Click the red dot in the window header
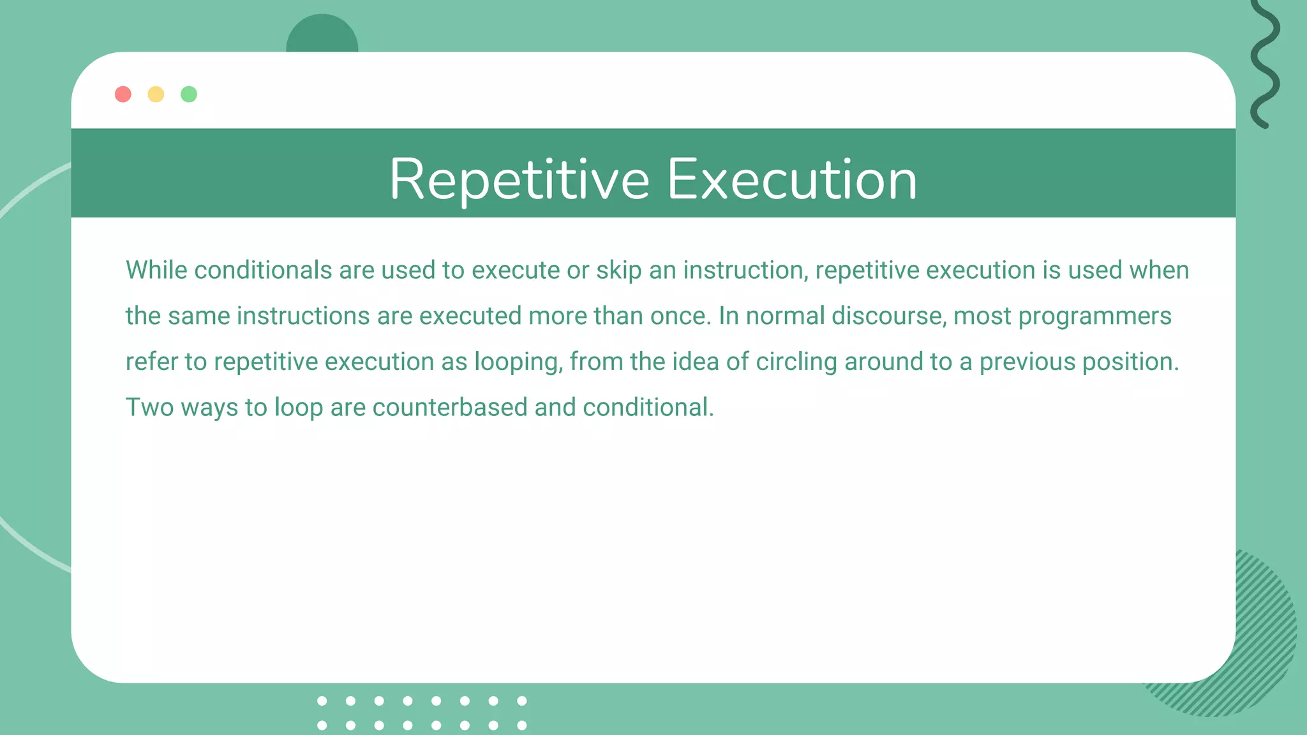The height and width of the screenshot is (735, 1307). (x=123, y=94)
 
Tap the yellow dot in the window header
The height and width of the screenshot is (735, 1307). (x=156, y=94)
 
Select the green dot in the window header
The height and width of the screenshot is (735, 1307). (x=189, y=94)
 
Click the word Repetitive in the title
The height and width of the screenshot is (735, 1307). (x=519, y=180)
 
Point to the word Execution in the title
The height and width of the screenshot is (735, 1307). (x=792, y=180)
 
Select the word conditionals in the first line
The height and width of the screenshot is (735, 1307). (x=263, y=271)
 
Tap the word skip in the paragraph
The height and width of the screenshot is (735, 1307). (x=618, y=271)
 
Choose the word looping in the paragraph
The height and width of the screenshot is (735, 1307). (x=518, y=362)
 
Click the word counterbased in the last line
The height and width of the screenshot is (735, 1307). (x=450, y=408)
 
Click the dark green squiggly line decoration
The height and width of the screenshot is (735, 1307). (x=1264, y=64)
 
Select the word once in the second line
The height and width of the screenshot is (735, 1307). (x=680, y=316)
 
